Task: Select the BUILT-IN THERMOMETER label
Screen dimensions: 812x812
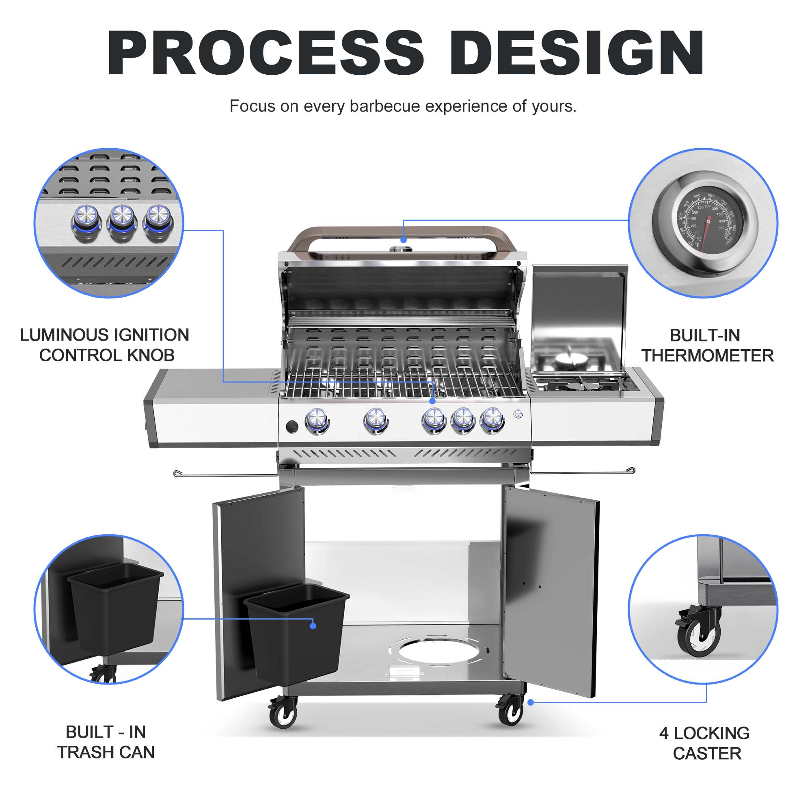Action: click(707, 346)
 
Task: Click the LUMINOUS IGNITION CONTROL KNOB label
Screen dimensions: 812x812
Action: click(105, 345)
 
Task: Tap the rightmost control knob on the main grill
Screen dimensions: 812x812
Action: click(492, 419)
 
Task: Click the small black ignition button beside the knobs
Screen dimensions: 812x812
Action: click(292, 427)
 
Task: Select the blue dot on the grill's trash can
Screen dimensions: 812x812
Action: click(313, 626)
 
